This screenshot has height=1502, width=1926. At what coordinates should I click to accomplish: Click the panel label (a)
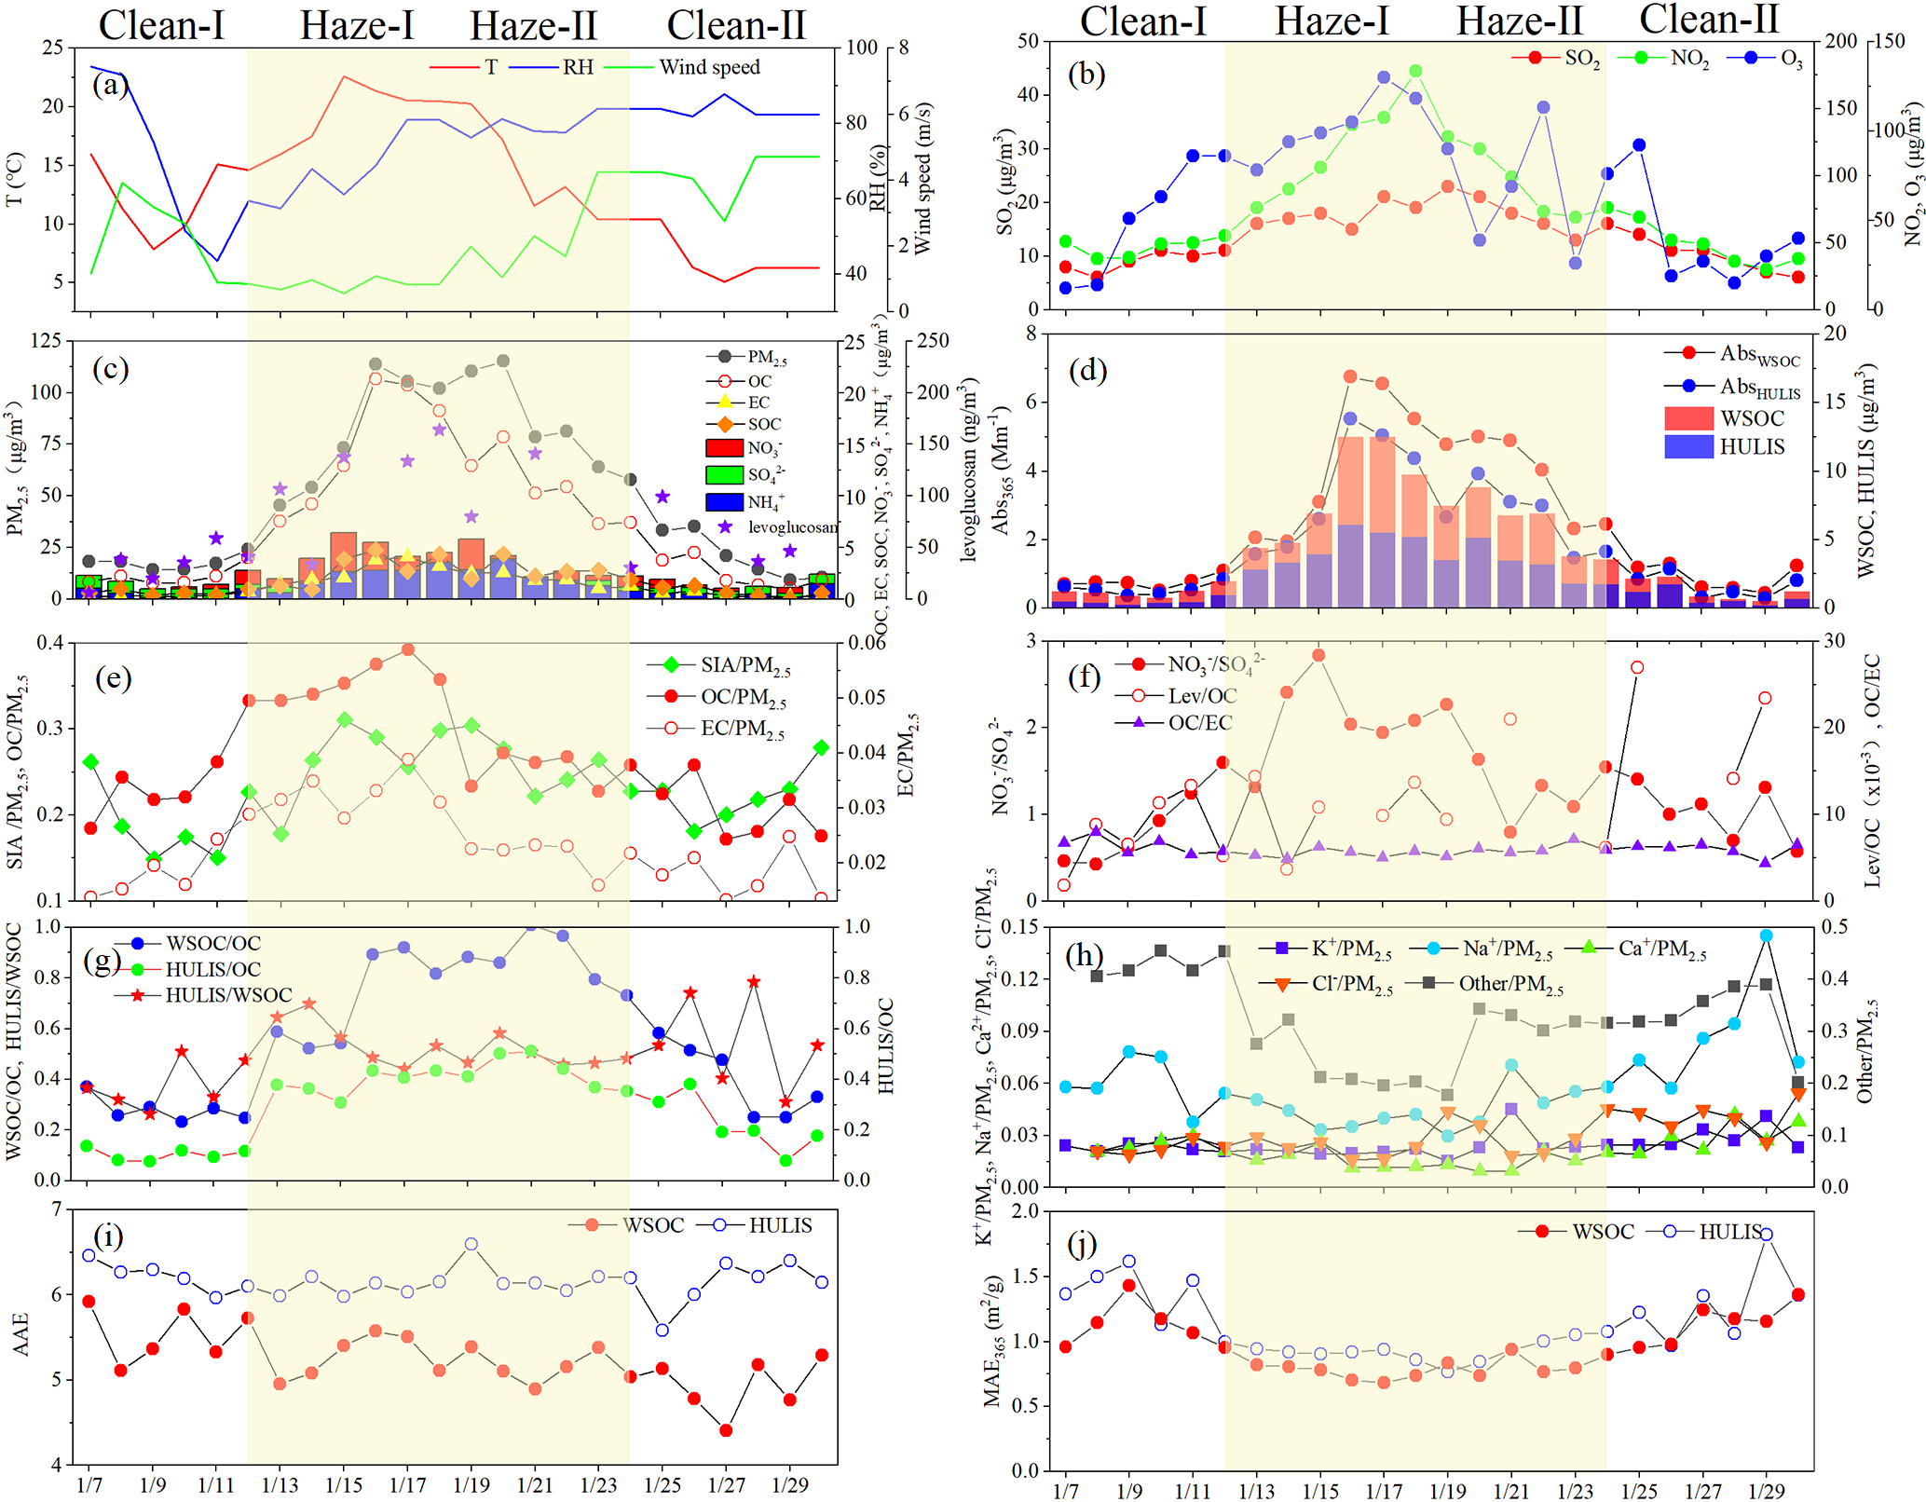tap(110, 87)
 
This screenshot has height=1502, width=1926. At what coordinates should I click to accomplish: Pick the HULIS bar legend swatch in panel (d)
tap(1688, 447)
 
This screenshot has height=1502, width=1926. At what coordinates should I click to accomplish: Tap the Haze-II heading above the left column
tap(533, 26)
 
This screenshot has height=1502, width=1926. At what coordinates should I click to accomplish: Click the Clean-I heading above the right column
tap(1142, 20)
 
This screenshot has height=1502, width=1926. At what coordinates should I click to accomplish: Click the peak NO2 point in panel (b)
tap(1415, 72)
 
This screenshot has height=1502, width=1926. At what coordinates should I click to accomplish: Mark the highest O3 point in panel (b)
tap(1384, 78)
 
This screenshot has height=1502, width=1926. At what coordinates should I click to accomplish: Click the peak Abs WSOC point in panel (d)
tap(1350, 376)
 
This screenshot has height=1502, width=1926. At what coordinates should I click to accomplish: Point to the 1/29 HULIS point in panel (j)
tap(1766, 1235)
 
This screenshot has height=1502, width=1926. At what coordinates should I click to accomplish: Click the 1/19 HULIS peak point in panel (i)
tap(471, 1244)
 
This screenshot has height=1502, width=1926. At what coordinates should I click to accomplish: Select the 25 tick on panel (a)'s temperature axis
tap(52, 48)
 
